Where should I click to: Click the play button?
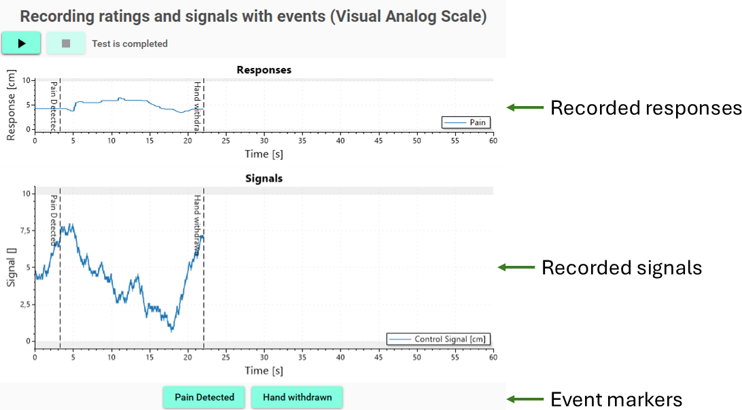click(x=21, y=44)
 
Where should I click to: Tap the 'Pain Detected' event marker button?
click(x=204, y=397)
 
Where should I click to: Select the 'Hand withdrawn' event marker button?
click(x=297, y=397)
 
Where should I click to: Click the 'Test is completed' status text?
click(x=130, y=44)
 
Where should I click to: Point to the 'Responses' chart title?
click(x=264, y=70)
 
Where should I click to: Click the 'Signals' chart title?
click(x=264, y=179)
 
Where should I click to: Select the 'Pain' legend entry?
click(x=466, y=122)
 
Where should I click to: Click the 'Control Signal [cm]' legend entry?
click(x=438, y=339)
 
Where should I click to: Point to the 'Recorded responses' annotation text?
click(x=646, y=108)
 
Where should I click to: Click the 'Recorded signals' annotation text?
click(x=621, y=267)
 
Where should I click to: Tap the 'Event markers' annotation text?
click(x=616, y=399)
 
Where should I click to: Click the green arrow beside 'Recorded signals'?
click(x=516, y=267)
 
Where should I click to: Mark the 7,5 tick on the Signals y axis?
click(x=24, y=230)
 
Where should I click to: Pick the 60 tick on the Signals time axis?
click(x=493, y=358)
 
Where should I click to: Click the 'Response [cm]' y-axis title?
click(x=11, y=105)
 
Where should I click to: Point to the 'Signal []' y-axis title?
click(x=11, y=267)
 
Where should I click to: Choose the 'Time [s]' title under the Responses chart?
click(x=264, y=154)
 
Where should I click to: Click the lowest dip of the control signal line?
click(x=172, y=330)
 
